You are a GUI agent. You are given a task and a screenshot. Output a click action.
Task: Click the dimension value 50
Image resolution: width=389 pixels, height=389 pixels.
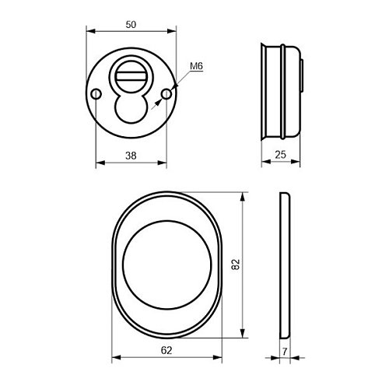click(x=131, y=25)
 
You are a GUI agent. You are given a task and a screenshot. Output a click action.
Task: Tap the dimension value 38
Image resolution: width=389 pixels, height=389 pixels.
click(x=131, y=156)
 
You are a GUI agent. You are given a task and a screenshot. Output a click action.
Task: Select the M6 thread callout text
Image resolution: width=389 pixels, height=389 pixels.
click(x=196, y=66)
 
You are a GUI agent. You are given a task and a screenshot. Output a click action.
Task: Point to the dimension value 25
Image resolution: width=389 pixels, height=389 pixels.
click(x=281, y=155)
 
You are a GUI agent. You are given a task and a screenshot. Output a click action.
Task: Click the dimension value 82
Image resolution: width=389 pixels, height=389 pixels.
click(x=236, y=265)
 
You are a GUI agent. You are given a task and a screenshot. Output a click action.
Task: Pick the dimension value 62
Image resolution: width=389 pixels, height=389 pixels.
click(x=166, y=350)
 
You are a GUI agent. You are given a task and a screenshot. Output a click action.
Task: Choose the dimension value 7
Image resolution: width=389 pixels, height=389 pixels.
click(x=285, y=352)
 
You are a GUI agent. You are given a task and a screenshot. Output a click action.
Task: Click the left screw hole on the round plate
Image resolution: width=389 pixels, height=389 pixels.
click(x=96, y=94)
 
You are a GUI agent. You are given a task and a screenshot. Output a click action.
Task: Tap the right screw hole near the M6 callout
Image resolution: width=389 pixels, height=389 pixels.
click(x=166, y=94)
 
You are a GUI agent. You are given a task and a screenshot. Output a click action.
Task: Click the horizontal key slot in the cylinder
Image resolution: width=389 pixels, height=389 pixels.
click(x=131, y=76)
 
